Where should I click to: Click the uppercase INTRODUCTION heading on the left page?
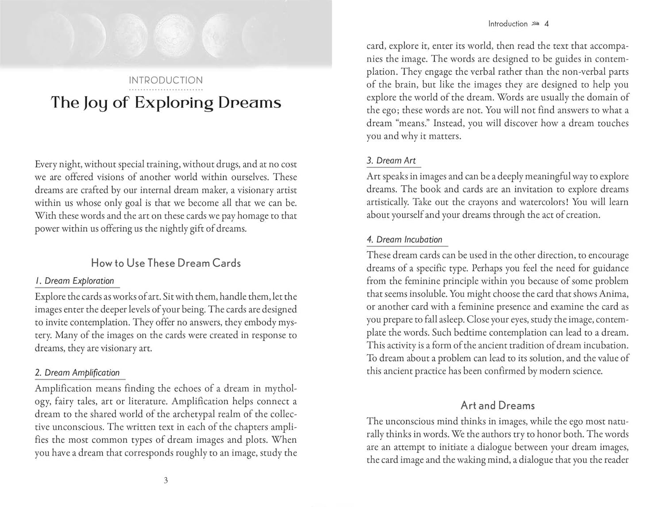click(166, 80)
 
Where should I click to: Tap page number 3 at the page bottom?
click(166, 480)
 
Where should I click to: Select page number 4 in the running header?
click(547, 24)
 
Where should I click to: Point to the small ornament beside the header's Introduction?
click(536, 24)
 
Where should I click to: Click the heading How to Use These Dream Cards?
click(166, 263)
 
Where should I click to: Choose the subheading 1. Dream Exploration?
click(75, 281)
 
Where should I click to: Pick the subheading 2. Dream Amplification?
click(77, 373)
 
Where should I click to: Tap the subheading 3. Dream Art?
click(391, 161)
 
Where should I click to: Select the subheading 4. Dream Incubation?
click(405, 240)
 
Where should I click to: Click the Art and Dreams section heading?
click(498, 406)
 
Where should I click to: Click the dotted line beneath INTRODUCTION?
click(166, 90)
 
